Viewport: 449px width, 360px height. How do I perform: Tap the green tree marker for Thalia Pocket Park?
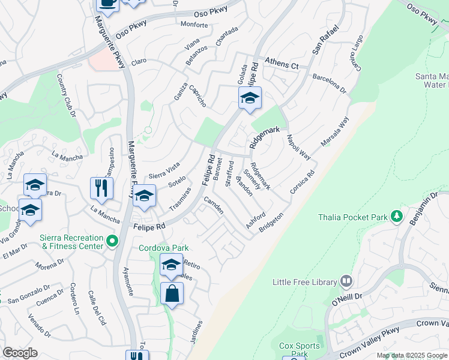[x=396, y=217]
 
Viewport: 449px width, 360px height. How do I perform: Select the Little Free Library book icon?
[x=346, y=281]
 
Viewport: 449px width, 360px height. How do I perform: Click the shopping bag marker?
[x=172, y=294]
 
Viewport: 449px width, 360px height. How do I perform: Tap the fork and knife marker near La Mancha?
[x=101, y=188]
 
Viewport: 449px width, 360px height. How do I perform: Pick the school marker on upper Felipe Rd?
[x=250, y=98]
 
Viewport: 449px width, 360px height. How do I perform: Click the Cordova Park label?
[x=164, y=248]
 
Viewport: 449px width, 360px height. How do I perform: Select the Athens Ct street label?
[x=282, y=65]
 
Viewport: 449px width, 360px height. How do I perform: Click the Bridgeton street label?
[x=271, y=223]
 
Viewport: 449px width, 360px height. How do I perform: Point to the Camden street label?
[x=214, y=205]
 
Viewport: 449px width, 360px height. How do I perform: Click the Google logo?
[x=20, y=353]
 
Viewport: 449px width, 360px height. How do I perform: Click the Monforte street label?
[x=193, y=25]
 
